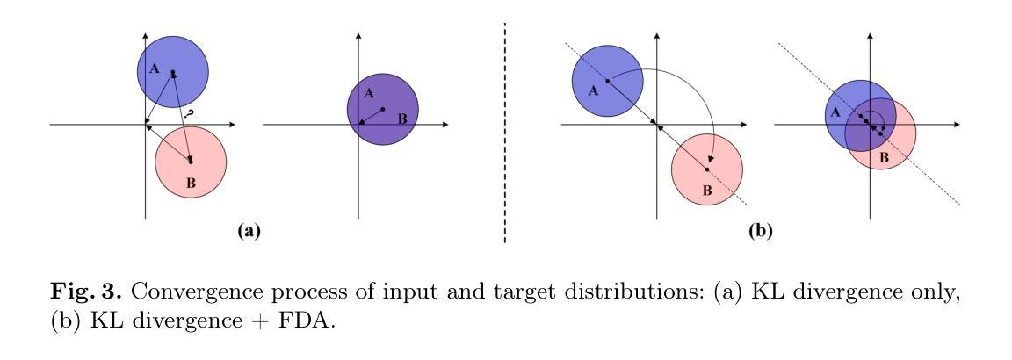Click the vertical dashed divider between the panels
(x=506, y=132)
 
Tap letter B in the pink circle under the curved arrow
(x=705, y=191)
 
